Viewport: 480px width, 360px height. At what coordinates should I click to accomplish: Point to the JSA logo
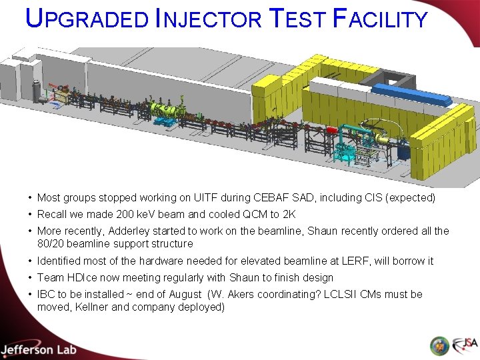pos(465,346)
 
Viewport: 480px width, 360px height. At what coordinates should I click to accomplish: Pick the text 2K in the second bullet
pos(288,215)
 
